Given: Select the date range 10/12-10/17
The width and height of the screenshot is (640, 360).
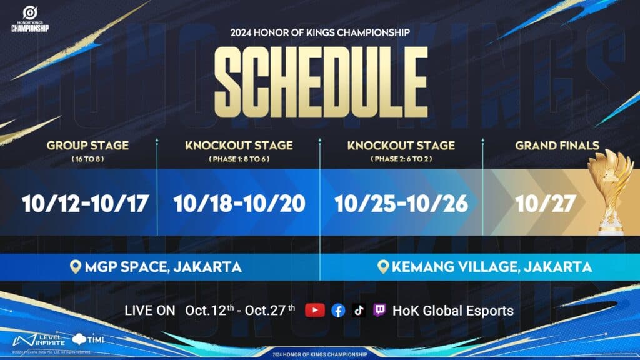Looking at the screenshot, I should [85, 204].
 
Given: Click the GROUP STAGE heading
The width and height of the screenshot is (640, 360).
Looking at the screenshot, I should [87, 146].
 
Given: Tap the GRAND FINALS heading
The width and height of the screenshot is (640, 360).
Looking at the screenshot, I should [557, 146].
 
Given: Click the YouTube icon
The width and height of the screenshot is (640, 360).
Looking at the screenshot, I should [315, 311].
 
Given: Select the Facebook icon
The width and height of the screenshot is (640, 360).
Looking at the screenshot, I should [338, 311].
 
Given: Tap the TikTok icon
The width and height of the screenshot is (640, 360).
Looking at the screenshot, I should [359, 311].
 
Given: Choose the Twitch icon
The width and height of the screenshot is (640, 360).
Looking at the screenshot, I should [379, 311].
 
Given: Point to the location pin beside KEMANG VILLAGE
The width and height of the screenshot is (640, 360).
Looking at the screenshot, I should [383, 267].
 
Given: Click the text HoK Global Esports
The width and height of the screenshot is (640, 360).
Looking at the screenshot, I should [453, 311].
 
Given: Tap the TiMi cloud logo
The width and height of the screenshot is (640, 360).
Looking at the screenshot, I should [87, 339].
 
